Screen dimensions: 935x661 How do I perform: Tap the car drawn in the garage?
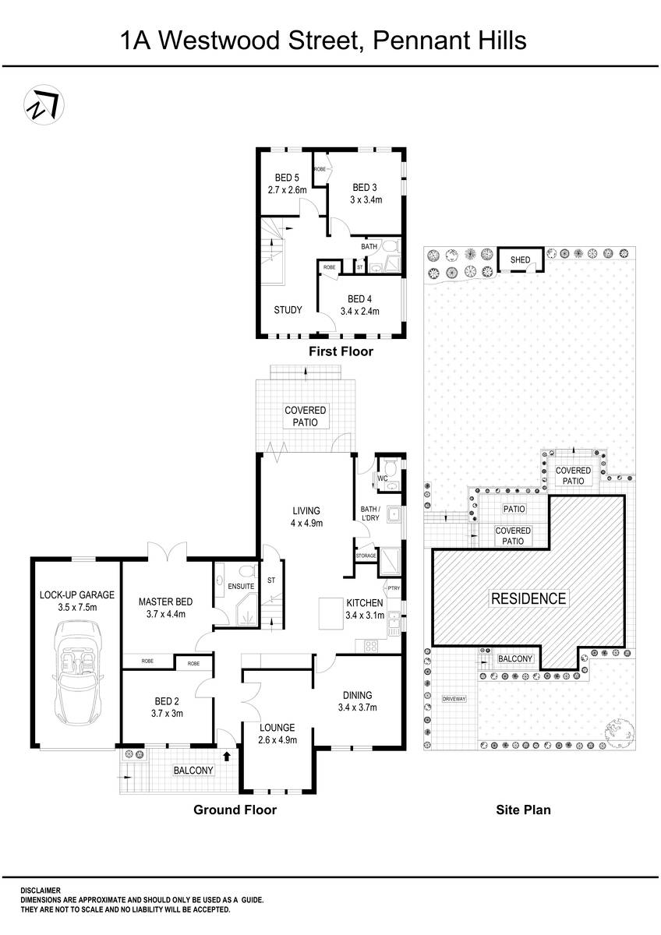click(x=76, y=672)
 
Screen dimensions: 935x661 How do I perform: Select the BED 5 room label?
click(x=286, y=178)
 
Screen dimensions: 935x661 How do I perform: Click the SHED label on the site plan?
click(x=520, y=259)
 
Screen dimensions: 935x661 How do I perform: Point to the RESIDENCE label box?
click(x=528, y=598)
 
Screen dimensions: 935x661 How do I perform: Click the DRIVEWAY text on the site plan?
click(x=453, y=699)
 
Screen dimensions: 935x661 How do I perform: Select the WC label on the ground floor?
click(x=383, y=478)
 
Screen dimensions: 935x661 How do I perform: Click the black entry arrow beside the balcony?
click(x=227, y=755)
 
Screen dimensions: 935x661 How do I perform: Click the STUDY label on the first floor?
click(x=288, y=309)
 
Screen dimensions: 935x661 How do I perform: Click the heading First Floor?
click(x=341, y=351)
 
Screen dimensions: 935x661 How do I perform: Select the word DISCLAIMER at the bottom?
click(x=41, y=890)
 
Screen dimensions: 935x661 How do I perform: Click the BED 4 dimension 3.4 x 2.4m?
click(x=359, y=311)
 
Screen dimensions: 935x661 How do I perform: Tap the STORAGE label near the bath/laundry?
click(x=366, y=556)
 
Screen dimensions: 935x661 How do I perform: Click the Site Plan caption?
click(x=523, y=810)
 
